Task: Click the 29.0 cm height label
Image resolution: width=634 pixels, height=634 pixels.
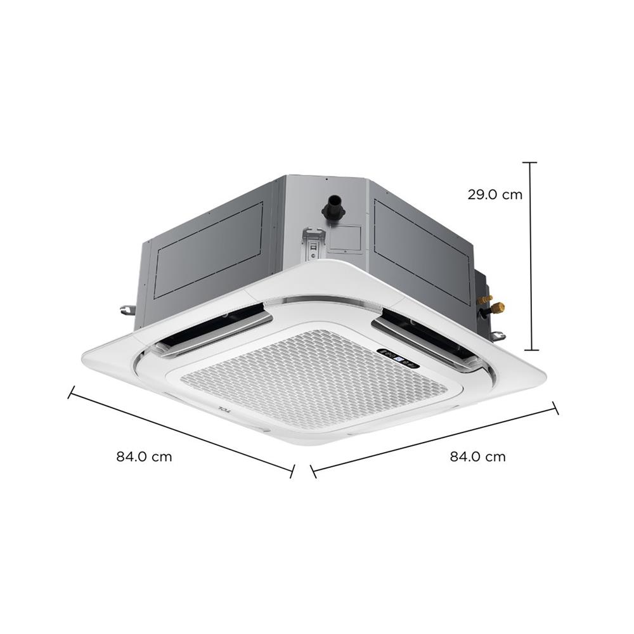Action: (x=495, y=195)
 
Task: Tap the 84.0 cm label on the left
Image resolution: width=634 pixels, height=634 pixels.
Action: (x=144, y=456)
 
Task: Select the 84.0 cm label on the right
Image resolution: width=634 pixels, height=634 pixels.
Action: (x=478, y=456)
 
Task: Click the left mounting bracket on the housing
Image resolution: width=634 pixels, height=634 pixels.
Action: (x=126, y=310)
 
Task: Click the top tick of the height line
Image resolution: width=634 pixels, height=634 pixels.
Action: (x=531, y=163)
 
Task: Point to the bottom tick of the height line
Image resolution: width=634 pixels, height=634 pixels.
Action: (x=531, y=350)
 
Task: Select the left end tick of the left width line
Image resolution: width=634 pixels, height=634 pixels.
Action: (x=72, y=392)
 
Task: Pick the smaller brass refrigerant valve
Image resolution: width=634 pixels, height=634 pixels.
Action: (x=487, y=296)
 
